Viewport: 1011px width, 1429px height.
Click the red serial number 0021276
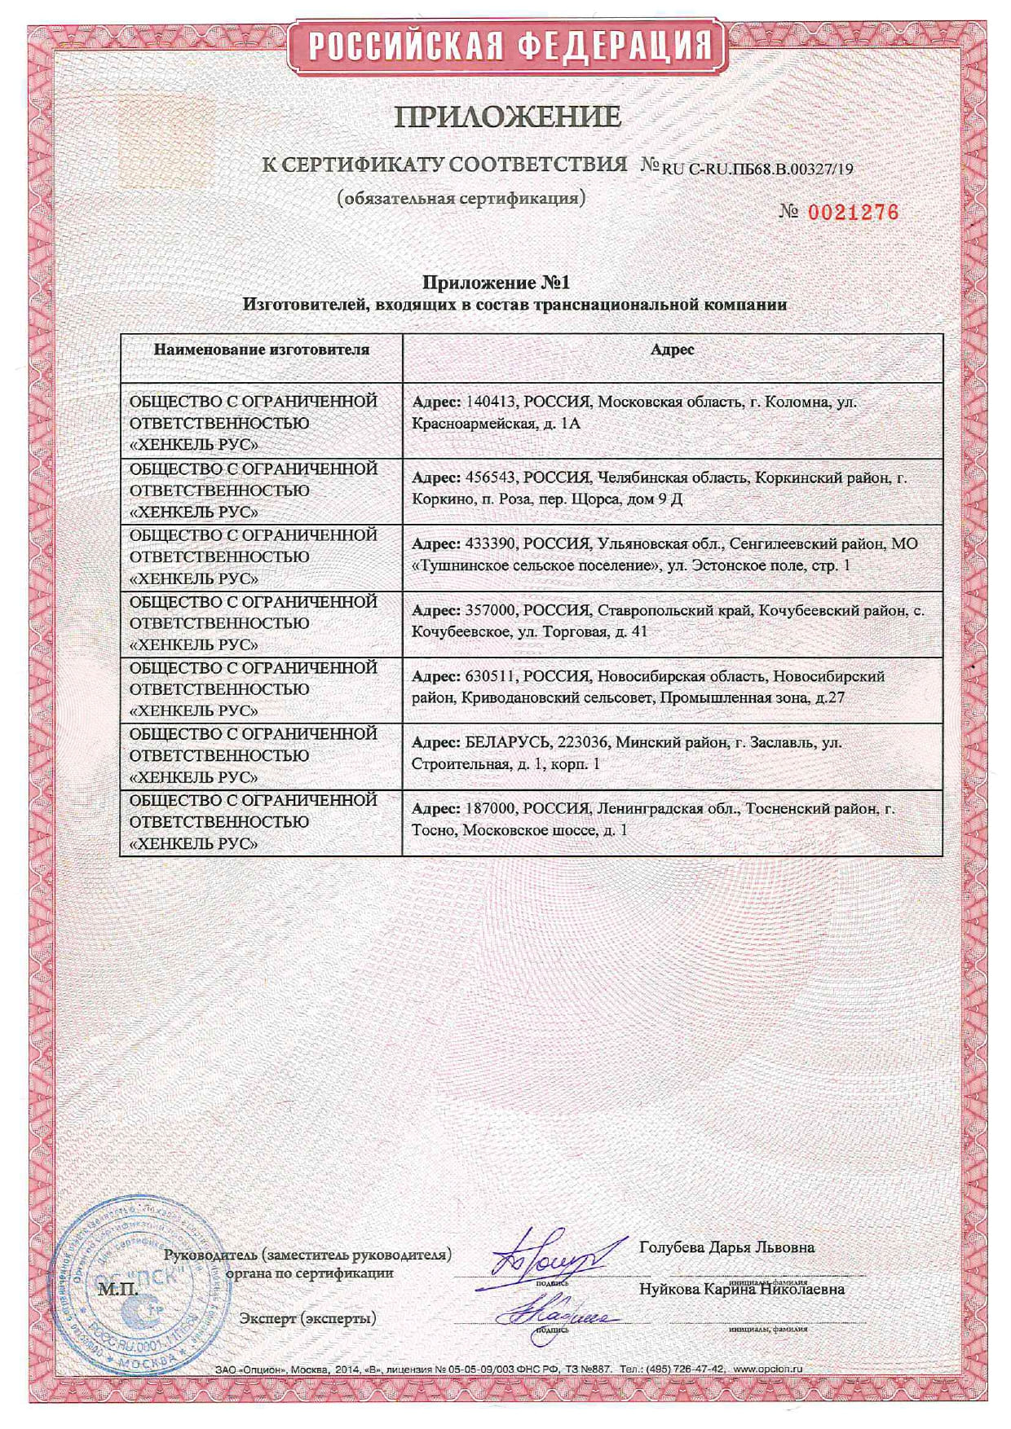(851, 213)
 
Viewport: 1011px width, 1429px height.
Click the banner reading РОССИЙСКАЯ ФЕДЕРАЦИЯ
(505, 44)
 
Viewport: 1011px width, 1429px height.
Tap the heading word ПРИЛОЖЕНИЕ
(507, 117)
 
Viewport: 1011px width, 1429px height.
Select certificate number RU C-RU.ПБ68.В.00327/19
(757, 169)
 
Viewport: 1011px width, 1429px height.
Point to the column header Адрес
(673, 350)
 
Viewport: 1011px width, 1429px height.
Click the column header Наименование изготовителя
(261, 350)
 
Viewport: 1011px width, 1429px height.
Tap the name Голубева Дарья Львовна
(726, 1247)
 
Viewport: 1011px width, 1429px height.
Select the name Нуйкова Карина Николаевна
(741, 1289)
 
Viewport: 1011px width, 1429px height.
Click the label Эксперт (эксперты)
(308, 1318)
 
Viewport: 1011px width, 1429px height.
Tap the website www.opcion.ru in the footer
(767, 1370)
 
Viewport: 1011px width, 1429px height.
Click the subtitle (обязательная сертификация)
(461, 198)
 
